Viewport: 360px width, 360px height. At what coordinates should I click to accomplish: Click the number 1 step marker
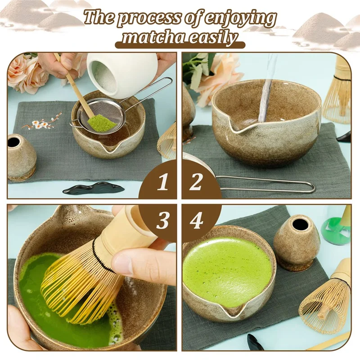[163, 182]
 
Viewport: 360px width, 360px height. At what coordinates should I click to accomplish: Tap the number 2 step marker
[195, 182]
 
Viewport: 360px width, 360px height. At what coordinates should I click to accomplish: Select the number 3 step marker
[162, 220]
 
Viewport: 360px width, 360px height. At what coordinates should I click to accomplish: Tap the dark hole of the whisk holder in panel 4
[298, 222]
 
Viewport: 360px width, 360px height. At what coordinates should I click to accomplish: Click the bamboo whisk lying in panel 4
[325, 298]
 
